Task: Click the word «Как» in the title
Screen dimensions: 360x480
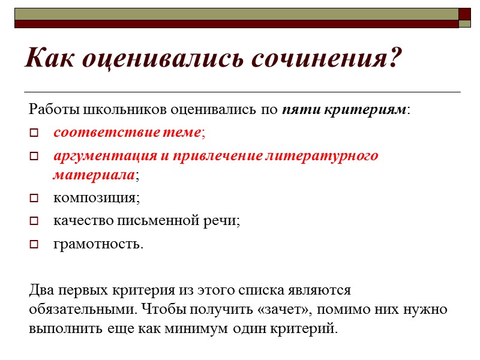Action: tap(50, 58)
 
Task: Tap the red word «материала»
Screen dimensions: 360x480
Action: tap(93, 175)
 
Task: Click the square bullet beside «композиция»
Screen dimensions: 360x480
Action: tap(34, 198)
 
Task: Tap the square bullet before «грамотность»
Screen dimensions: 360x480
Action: tap(34, 244)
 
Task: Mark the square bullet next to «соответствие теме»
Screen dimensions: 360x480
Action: tap(34, 133)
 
